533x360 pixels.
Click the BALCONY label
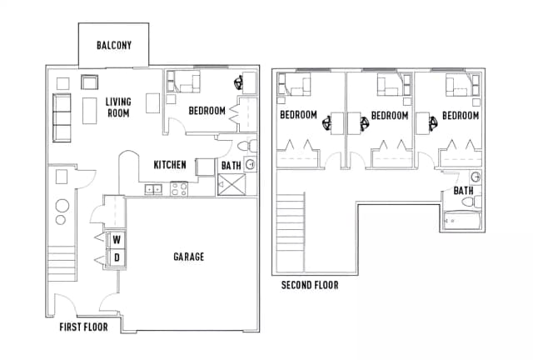pyautogui.click(x=114, y=45)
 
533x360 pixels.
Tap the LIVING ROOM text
pyautogui.click(x=118, y=107)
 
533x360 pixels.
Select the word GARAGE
pyautogui.click(x=188, y=257)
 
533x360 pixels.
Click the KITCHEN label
pyautogui.click(x=170, y=165)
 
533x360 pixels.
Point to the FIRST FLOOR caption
pyautogui.click(x=83, y=327)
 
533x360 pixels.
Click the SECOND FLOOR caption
pyautogui.click(x=310, y=285)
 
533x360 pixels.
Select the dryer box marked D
pyautogui.click(x=117, y=258)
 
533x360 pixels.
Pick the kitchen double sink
pyautogui.click(x=153, y=189)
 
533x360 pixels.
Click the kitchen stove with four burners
pyautogui.click(x=178, y=189)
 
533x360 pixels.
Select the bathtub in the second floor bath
pyautogui.click(x=461, y=221)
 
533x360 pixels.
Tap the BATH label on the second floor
pyautogui.click(x=464, y=191)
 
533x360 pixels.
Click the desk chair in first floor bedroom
pyautogui.click(x=239, y=83)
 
